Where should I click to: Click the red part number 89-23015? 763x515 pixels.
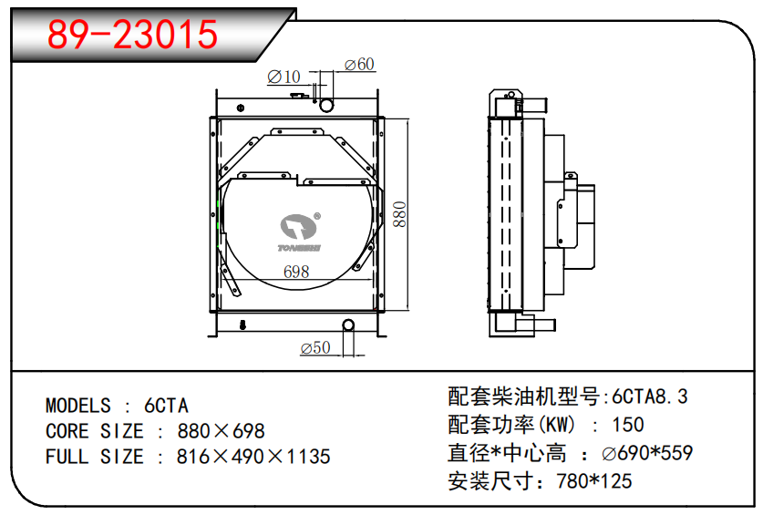132,34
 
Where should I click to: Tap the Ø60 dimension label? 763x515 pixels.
359,64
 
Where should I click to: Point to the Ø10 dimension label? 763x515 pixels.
284,77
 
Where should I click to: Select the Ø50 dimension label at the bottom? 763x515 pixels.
315,347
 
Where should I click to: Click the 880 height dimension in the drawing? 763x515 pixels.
399,214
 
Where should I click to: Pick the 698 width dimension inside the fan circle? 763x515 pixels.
296,272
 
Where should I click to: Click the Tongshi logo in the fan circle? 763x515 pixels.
300,232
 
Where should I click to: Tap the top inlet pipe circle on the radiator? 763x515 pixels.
326,105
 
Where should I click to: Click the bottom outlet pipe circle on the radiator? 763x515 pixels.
348,325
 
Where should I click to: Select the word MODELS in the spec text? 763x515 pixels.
78,406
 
